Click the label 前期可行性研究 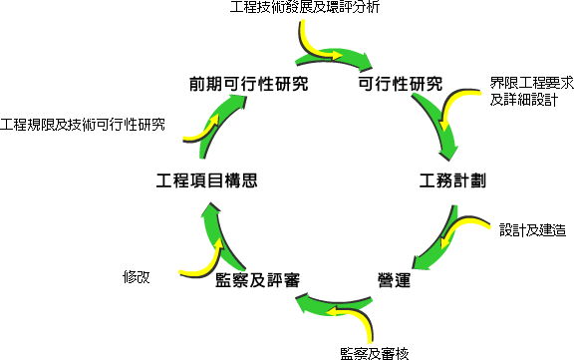(x=248, y=85)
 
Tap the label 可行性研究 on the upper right (x=400, y=85)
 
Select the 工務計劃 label (x=452, y=181)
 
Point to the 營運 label (x=395, y=280)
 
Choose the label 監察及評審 (x=258, y=280)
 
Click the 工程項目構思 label (x=208, y=181)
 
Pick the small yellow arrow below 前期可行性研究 (x=199, y=131)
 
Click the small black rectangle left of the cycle (x=138, y=277)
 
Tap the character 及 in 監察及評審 (x=258, y=280)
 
